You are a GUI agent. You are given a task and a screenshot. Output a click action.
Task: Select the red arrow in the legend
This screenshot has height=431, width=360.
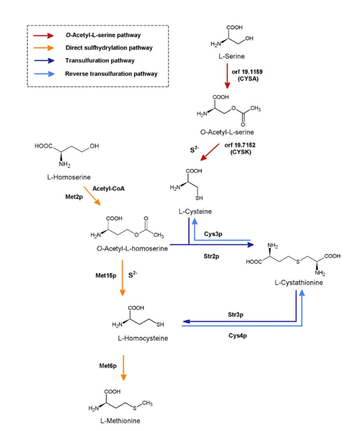(43, 35)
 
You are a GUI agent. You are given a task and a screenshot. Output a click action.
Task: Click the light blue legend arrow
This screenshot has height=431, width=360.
(43, 74)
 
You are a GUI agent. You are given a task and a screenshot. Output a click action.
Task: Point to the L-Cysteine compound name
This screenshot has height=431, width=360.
(196, 211)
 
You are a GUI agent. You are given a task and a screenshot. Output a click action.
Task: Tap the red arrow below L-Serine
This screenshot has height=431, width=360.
(227, 77)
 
